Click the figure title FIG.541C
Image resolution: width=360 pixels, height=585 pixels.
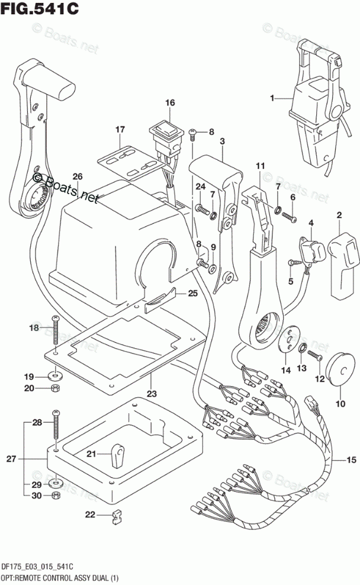pos(40,8)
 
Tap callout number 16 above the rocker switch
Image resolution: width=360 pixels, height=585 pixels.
pos(170,102)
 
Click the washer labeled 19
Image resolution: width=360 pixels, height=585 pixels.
pos(55,374)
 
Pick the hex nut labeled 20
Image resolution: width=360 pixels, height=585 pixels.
pos(54,388)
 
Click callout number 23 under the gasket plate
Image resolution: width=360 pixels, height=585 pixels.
pos(152,393)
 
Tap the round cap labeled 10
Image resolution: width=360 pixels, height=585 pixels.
pos(340,369)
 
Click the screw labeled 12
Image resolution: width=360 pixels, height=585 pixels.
pos(315,355)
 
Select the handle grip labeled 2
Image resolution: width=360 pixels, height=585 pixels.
pos(345,264)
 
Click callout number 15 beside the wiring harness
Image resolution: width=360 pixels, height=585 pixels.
pos(352,460)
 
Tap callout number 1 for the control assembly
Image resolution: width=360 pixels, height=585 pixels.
pos(272,98)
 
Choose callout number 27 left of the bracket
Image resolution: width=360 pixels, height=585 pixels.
pos(11,458)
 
